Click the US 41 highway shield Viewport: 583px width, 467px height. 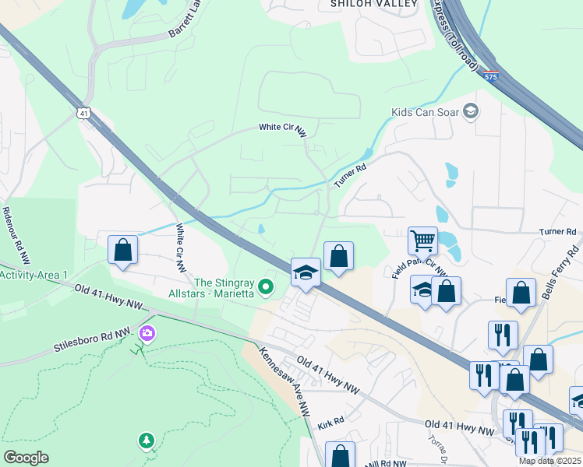point(83,113)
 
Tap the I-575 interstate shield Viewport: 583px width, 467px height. point(490,76)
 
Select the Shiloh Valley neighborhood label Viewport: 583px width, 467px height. point(364,4)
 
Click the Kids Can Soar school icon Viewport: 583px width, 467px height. point(470,112)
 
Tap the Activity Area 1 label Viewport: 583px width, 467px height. point(34,276)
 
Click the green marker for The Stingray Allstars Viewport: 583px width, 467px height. point(266,288)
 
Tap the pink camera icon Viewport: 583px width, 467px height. point(147,333)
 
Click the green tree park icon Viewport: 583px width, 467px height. point(147,441)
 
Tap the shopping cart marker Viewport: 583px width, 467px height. point(422,241)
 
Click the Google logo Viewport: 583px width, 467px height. point(26,457)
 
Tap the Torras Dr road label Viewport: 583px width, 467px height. point(436,448)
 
